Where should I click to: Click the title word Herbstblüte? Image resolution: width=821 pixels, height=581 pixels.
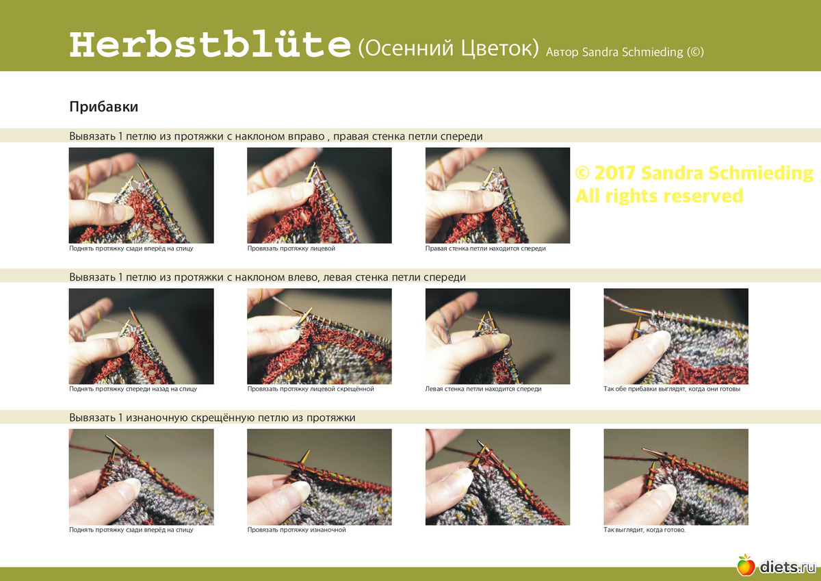coord(210,44)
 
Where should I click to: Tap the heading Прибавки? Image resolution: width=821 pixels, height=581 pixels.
coord(104,107)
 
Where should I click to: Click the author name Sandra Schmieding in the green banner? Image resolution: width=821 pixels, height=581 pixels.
coord(633,52)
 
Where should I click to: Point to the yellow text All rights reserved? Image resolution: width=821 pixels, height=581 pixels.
coord(660,196)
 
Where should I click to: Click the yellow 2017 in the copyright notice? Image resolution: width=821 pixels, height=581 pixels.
coord(615,172)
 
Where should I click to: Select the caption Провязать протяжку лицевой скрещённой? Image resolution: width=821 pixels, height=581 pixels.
coord(311,389)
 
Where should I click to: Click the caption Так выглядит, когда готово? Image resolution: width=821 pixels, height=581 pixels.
coord(644,530)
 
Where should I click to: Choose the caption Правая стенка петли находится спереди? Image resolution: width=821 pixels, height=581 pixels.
coord(485,248)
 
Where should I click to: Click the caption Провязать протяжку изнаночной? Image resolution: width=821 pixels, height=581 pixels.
coord(296,530)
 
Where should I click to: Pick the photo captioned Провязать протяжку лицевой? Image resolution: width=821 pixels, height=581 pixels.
coord(320,195)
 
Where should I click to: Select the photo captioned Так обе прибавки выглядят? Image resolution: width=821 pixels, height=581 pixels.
coord(676,336)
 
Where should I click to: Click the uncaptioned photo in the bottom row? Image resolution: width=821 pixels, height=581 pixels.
coord(497,477)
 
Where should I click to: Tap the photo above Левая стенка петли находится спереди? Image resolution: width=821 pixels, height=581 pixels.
coord(497,336)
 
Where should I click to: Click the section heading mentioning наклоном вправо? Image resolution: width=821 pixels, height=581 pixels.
coord(276,136)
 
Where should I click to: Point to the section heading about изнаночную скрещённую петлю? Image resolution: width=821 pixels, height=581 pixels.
coord(212,418)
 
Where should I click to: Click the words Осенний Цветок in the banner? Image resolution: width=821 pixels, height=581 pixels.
coord(449,48)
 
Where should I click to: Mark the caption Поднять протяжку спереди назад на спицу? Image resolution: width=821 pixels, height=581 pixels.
coord(133,389)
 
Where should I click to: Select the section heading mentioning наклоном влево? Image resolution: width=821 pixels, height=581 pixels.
coord(268,277)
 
